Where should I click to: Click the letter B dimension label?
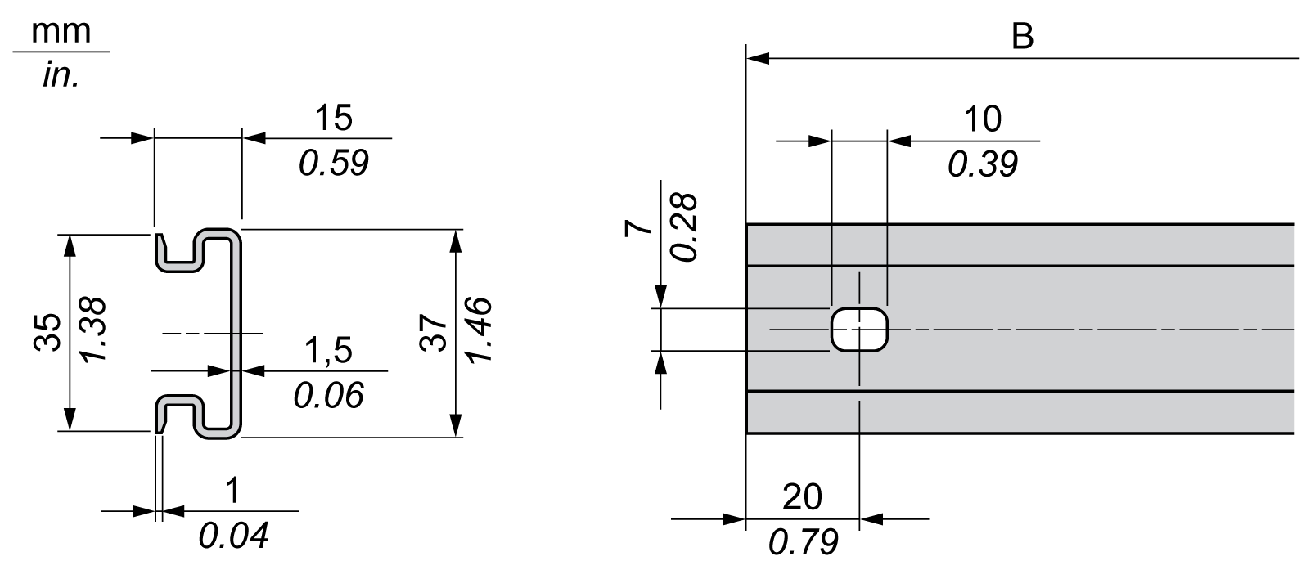[1022, 37]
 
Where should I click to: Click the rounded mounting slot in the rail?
[859, 329]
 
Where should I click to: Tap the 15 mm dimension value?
[333, 119]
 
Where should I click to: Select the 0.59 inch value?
[333, 164]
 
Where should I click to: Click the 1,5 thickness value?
[327, 351]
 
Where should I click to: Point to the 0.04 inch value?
[233, 536]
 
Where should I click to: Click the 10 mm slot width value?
[982, 119]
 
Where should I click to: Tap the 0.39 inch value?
[982, 164]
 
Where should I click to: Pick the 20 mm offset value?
[803, 496]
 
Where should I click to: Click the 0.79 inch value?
[803, 541]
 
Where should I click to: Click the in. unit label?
[61, 76]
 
